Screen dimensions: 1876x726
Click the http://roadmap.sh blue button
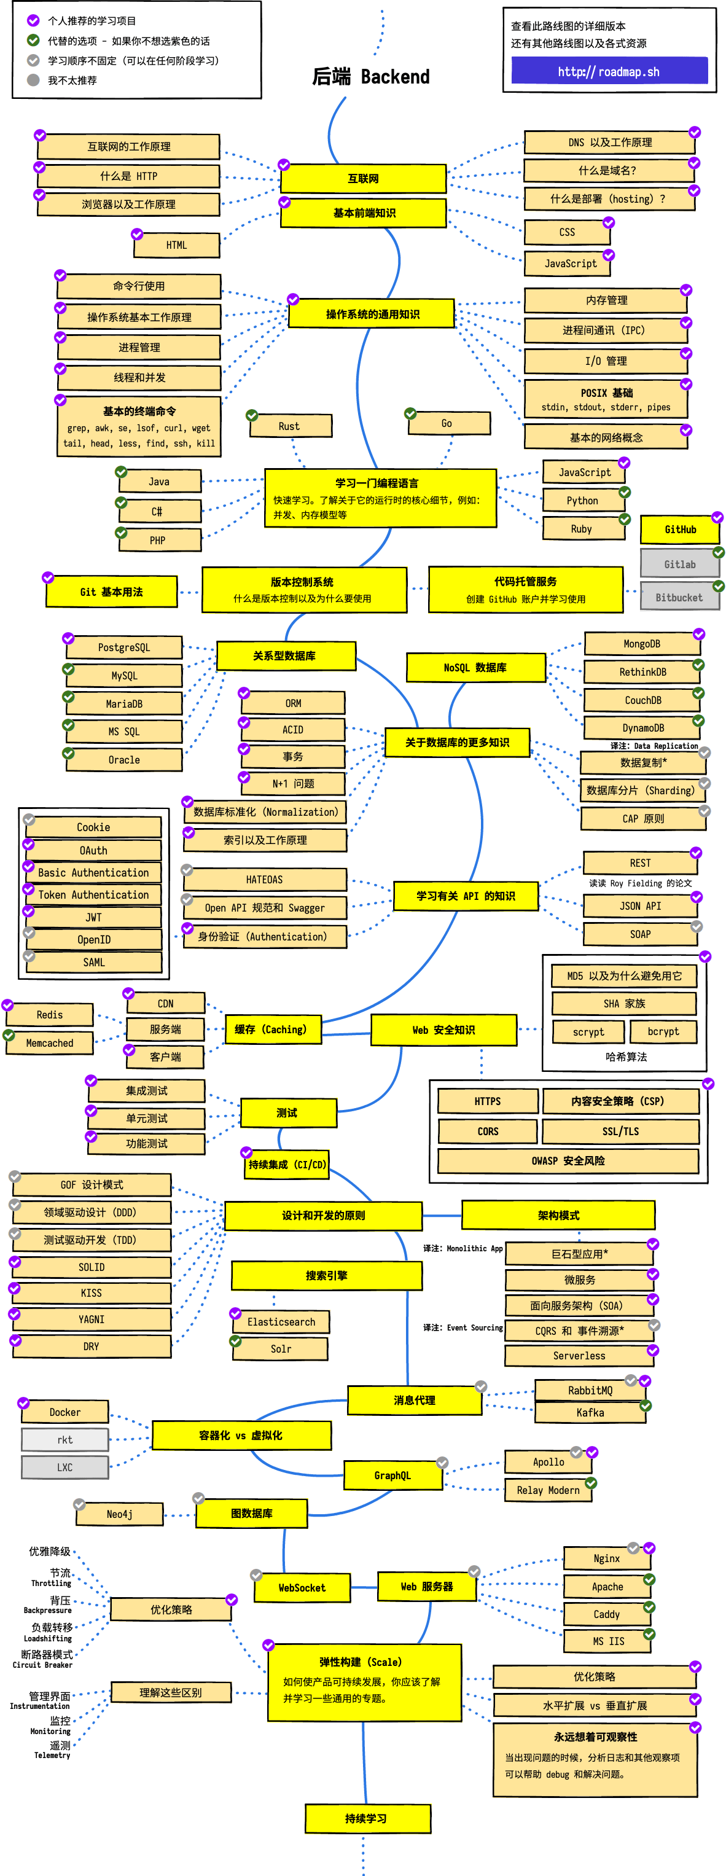(609, 71)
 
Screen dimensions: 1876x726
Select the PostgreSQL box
(125, 647)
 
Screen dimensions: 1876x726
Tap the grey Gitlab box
(679, 565)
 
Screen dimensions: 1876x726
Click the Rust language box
(290, 426)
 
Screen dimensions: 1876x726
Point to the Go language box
(447, 423)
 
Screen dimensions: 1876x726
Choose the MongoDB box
(641, 644)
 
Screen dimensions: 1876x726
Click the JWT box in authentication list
(94, 918)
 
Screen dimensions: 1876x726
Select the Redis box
(50, 1014)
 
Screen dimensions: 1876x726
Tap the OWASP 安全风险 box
(568, 1161)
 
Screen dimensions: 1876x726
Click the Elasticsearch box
(281, 1322)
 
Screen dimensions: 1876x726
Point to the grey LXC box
(65, 1468)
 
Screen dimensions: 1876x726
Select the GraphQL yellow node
(392, 1475)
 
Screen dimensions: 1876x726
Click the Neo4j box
(119, 1514)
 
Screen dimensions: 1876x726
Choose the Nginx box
(607, 1558)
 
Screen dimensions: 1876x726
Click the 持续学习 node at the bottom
(367, 1818)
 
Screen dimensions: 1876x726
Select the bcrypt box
(663, 1032)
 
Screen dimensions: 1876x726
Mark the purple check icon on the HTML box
(137, 234)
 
